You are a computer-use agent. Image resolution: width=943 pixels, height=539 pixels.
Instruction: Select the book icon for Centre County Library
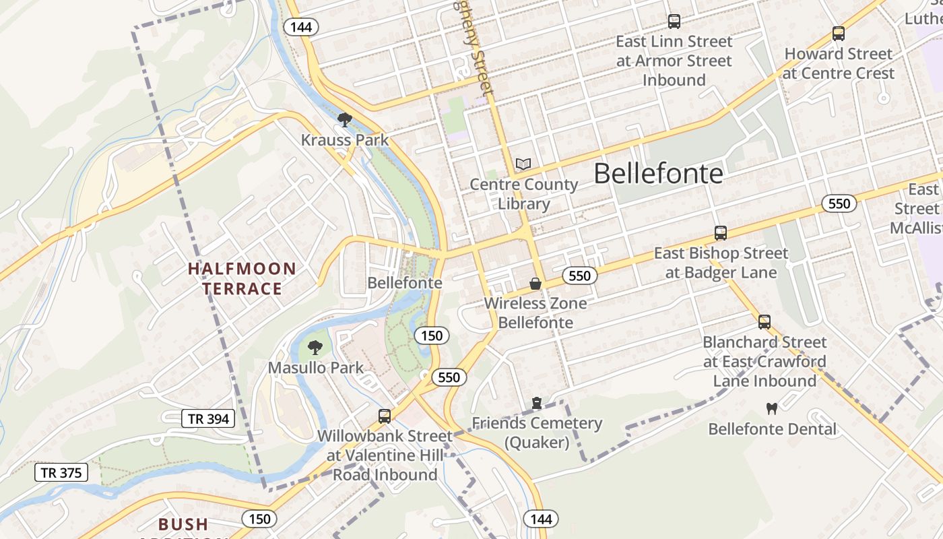coord(523,164)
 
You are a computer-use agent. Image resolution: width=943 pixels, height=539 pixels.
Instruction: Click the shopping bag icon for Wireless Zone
coord(535,284)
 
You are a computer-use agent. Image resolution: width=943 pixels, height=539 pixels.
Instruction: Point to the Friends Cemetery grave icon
coord(537,403)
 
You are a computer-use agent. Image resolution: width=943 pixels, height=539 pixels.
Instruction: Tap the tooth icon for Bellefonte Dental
coord(772,408)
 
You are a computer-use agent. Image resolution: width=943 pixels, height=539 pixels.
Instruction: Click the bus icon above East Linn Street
coord(674,22)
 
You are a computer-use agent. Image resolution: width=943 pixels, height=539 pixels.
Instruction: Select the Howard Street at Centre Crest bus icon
coord(839,34)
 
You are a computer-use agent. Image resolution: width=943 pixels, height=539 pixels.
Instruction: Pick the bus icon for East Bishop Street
coord(721,233)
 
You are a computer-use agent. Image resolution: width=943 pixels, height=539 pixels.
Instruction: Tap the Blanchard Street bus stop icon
coord(765,322)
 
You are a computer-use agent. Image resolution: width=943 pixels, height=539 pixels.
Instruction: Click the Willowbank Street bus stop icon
coord(385,416)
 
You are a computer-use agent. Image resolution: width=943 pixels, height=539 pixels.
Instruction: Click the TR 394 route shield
coord(209,419)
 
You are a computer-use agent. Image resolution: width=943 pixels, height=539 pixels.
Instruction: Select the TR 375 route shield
coord(61,473)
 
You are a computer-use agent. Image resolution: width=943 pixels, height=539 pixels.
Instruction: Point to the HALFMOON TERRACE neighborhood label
coord(242,279)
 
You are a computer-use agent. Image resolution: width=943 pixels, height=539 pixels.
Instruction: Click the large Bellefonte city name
coord(658,174)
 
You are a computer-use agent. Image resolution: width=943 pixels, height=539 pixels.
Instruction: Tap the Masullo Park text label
coord(316,368)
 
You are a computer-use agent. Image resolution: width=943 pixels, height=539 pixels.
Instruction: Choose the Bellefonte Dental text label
coord(772,429)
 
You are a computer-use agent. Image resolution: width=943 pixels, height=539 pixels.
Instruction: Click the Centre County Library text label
coord(524,194)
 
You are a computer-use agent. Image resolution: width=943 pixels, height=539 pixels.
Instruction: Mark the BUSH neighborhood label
coord(183,524)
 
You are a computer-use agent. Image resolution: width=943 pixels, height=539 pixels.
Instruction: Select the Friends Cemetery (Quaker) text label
coord(537,433)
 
